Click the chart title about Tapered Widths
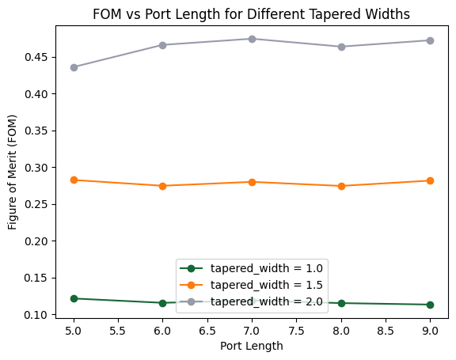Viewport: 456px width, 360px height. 251,14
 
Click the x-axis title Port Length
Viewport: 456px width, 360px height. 251,346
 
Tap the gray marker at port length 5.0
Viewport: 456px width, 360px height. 74,67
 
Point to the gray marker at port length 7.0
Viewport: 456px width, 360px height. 252,39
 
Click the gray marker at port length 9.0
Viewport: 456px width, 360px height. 430,40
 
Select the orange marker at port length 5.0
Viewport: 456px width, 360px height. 74,180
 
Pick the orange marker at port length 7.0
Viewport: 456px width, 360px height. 252,182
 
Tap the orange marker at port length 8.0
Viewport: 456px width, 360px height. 341,186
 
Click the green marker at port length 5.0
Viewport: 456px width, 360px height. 74,298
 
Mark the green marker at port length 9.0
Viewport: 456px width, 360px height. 430,305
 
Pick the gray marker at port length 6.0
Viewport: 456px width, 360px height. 163,45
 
